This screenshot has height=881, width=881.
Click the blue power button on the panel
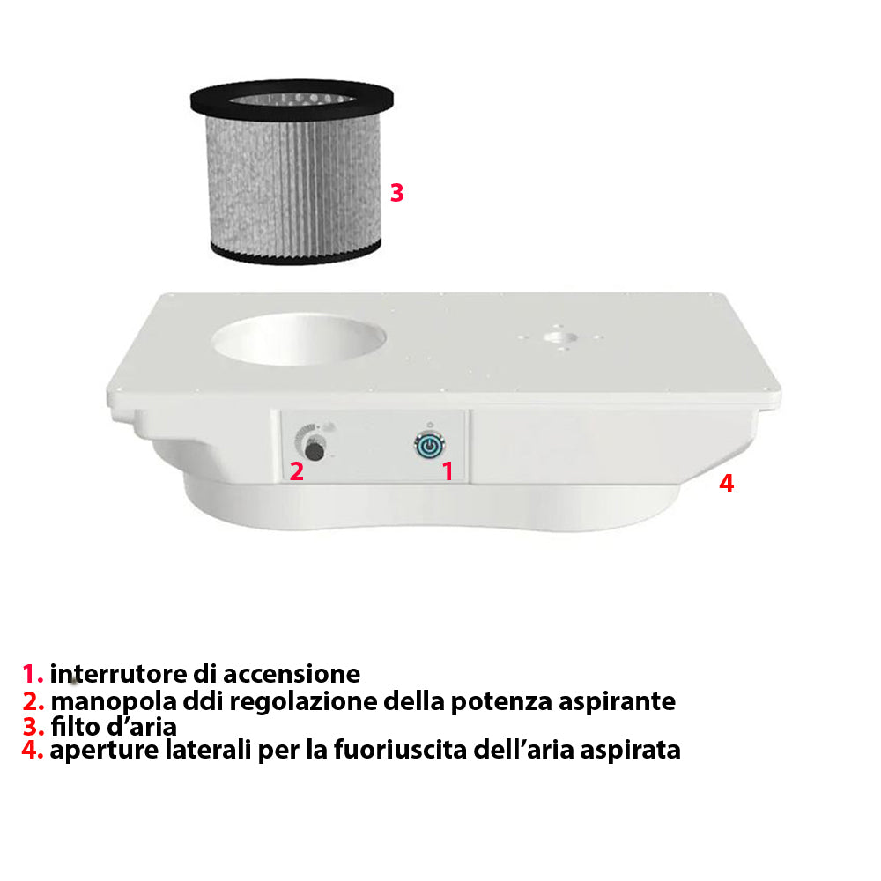430,445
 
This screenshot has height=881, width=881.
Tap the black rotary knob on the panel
315,450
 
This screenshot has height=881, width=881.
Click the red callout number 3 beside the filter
396,193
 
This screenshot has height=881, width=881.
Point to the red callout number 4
727,483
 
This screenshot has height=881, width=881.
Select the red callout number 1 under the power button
448,470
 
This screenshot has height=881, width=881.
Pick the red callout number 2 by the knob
297,471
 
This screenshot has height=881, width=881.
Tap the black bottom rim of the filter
296,253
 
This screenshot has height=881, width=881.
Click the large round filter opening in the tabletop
299,339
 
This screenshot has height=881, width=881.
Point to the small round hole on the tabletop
560,337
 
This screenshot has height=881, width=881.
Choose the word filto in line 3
75,727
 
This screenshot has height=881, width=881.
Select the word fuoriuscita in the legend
401,750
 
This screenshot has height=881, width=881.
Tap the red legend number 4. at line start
33,750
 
